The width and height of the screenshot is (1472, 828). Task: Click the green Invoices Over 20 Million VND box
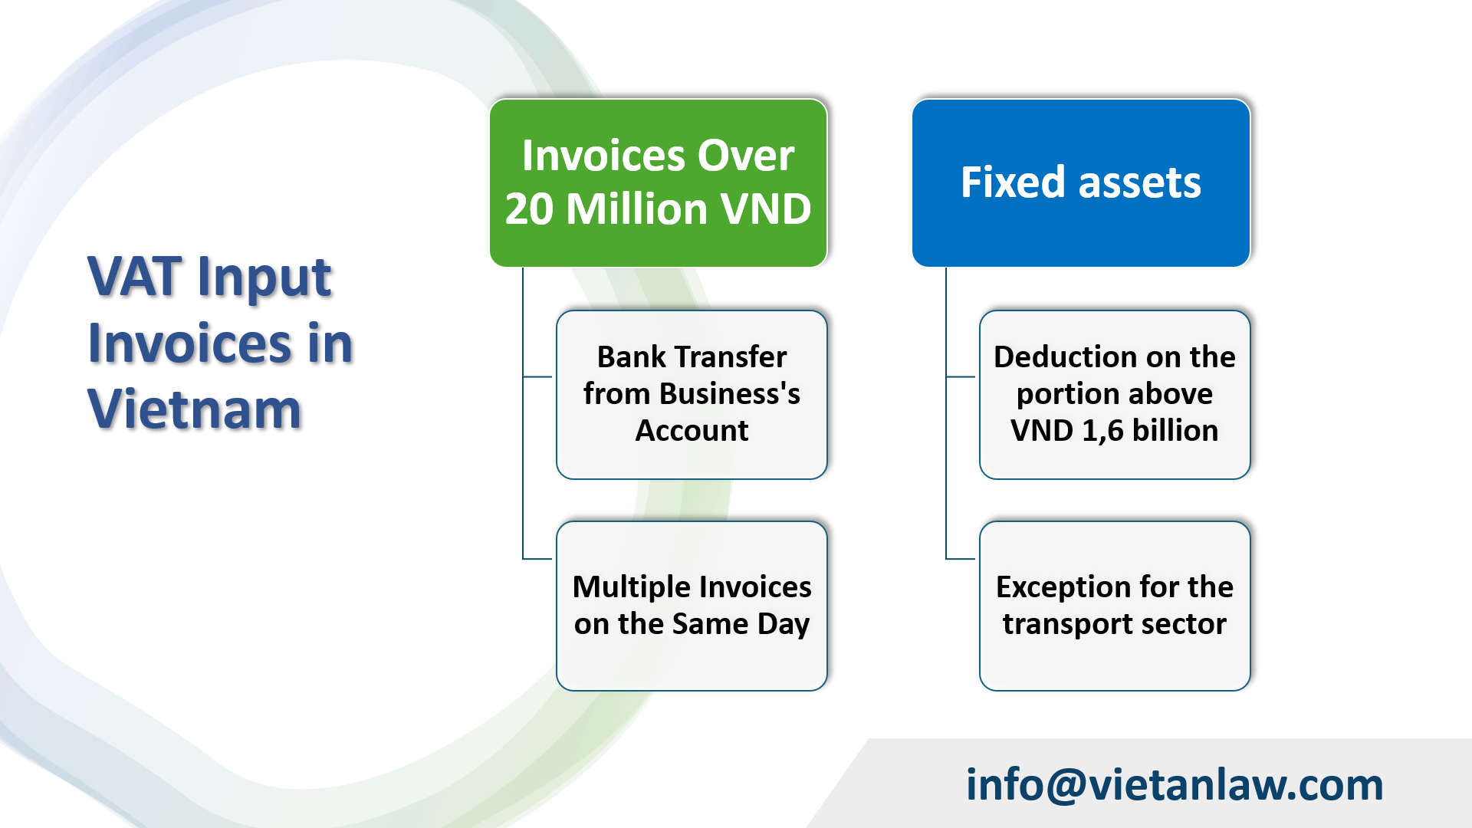[x=658, y=182]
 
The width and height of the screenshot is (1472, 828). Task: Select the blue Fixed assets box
[x=1081, y=182]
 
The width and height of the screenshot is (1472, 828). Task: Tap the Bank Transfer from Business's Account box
[x=692, y=394]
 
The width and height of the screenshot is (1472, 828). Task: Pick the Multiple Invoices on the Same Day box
[x=692, y=606]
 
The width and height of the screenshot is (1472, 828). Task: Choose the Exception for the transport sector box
[x=1115, y=606]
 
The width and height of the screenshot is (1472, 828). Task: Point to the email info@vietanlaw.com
[x=1174, y=785]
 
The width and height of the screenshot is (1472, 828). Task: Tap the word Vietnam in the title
[x=195, y=409]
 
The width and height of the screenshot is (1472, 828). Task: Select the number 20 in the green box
[x=530, y=209]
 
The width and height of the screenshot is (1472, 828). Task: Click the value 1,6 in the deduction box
[x=1102, y=432]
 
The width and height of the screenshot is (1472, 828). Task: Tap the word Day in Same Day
[x=783, y=625]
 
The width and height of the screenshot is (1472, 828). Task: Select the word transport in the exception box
[x=1067, y=625]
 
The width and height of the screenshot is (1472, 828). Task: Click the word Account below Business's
[x=692, y=431]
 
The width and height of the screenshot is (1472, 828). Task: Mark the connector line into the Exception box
[x=961, y=559]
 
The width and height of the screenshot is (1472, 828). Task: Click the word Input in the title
[x=264, y=277]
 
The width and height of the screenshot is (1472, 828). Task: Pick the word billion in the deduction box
[x=1175, y=431]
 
